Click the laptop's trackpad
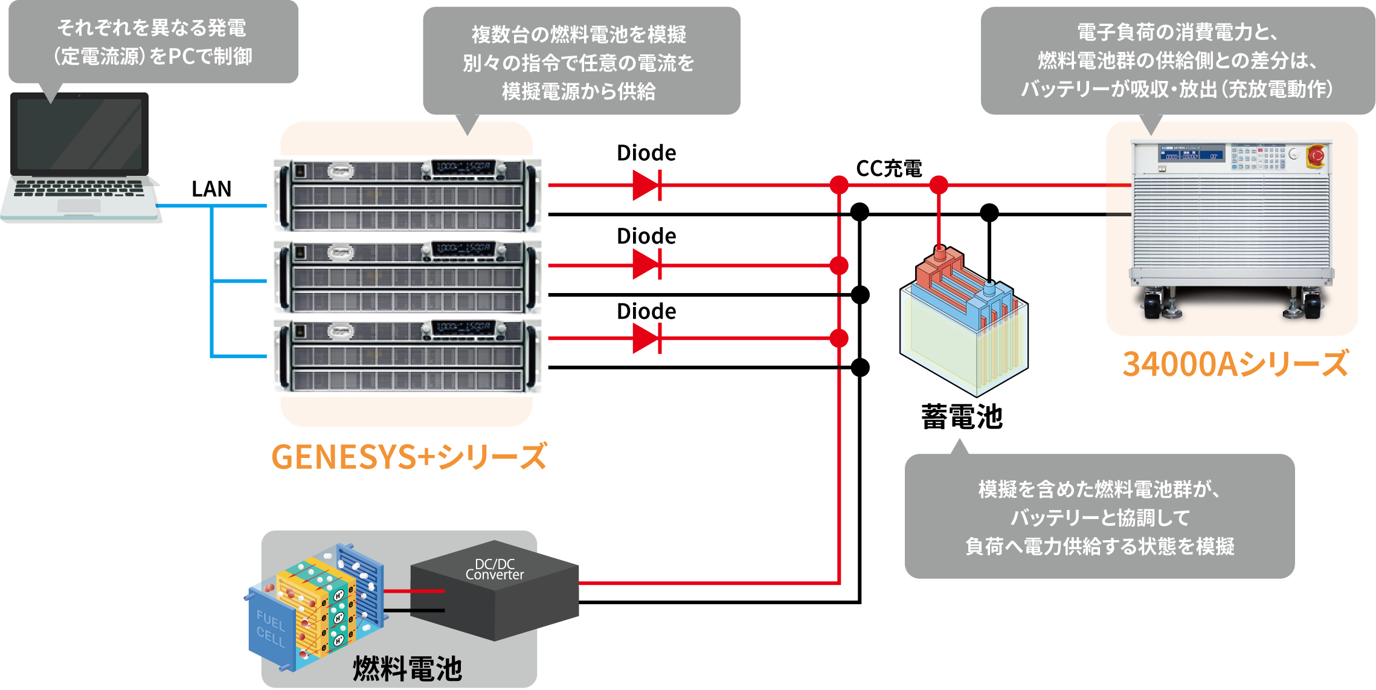click(79, 205)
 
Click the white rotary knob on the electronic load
click(1293, 154)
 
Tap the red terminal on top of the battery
click(939, 251)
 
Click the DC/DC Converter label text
click(495, 569)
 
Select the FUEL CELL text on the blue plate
click(270, 628)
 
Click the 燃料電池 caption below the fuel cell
click(407, 669)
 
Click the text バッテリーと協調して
click(1099, 518)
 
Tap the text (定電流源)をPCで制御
click(152, 57)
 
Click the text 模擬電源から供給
click(578, 91)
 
